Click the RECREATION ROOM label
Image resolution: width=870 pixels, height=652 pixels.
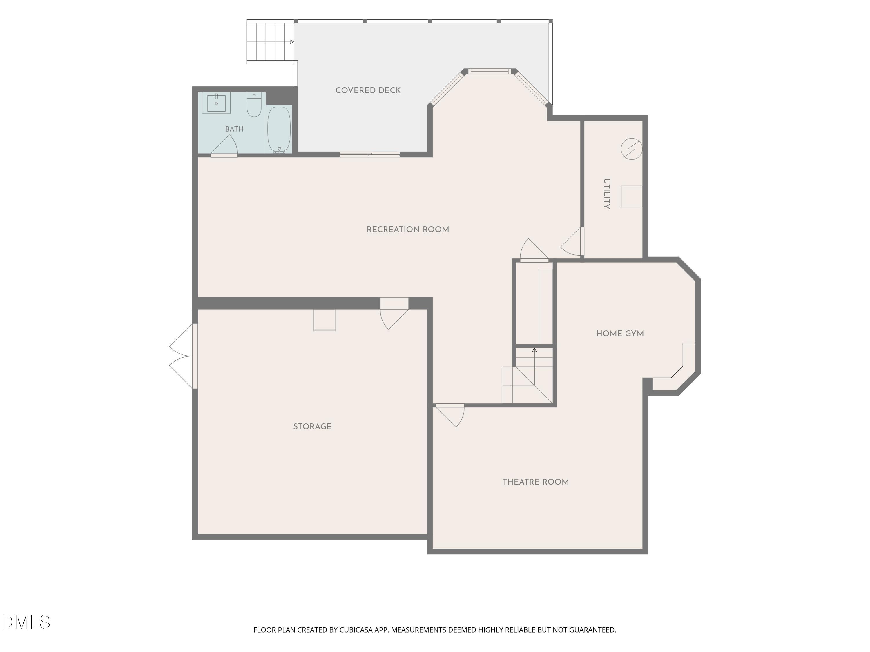[407, 230]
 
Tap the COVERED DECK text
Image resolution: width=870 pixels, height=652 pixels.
[368, 90]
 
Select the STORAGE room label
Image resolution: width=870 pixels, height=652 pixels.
[312, 427]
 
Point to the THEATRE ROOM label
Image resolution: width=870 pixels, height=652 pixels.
[536, 482]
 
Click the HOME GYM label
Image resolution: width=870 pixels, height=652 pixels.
[620, 334]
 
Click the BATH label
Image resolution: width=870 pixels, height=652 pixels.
[234, 129]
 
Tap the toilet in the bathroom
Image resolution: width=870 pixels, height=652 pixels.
[254, 105]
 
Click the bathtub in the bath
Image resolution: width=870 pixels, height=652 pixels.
[279, 129]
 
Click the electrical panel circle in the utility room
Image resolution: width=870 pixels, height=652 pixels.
[632, 149]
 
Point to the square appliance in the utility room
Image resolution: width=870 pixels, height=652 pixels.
[632, 196]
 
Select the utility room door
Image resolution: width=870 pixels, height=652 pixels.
[572, 242]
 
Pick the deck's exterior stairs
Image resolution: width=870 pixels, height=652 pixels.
[271, 42]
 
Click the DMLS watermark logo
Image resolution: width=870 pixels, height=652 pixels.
[26, 622]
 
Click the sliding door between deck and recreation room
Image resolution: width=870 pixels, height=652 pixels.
[370, 154]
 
